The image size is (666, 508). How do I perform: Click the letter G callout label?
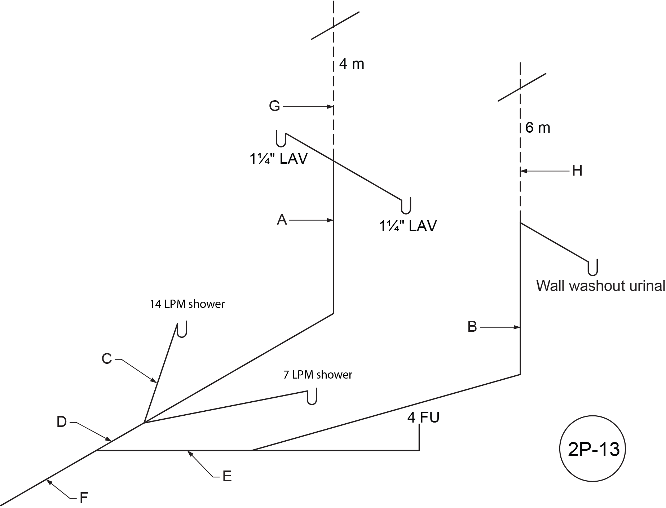pyautogui.click(x=274, y=106)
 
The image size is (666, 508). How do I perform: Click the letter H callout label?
pyautogui.click(x=577, y=171)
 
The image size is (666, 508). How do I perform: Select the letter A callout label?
pyautogui.click(x=282, y=220)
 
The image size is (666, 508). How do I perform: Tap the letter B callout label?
pyautogui.click(x=472, y=327)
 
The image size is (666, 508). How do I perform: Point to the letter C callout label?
pyautogui.click(x=107, y=359)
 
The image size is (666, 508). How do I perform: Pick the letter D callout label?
pyautogui.click(x=62, y=422)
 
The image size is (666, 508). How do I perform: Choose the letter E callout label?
pyautogui.click(x=227, y=477)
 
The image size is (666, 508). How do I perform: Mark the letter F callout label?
pyautogui.click(x=84, y=498)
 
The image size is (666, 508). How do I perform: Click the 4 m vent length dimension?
pyautogui.click(x=352, y=64)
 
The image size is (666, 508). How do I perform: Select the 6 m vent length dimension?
pyautogui.click(x=538, y=128)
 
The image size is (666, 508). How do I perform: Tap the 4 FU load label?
pyautogui.click(x=423, y=418)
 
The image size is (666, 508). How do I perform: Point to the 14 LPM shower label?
pyautogui.click(x=187, y=304)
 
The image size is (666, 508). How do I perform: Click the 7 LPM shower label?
pyautogui.click(x=318, y=375)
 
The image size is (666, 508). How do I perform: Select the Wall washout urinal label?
pyautogui.click(x=600, y=286)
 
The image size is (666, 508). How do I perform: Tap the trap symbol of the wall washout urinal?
pyautogui.click(x=593, y=267)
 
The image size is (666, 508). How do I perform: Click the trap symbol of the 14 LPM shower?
pyautogui.click(x=182, y=330)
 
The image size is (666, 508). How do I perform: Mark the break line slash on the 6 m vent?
pyautogui.click(x=521, y=87)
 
